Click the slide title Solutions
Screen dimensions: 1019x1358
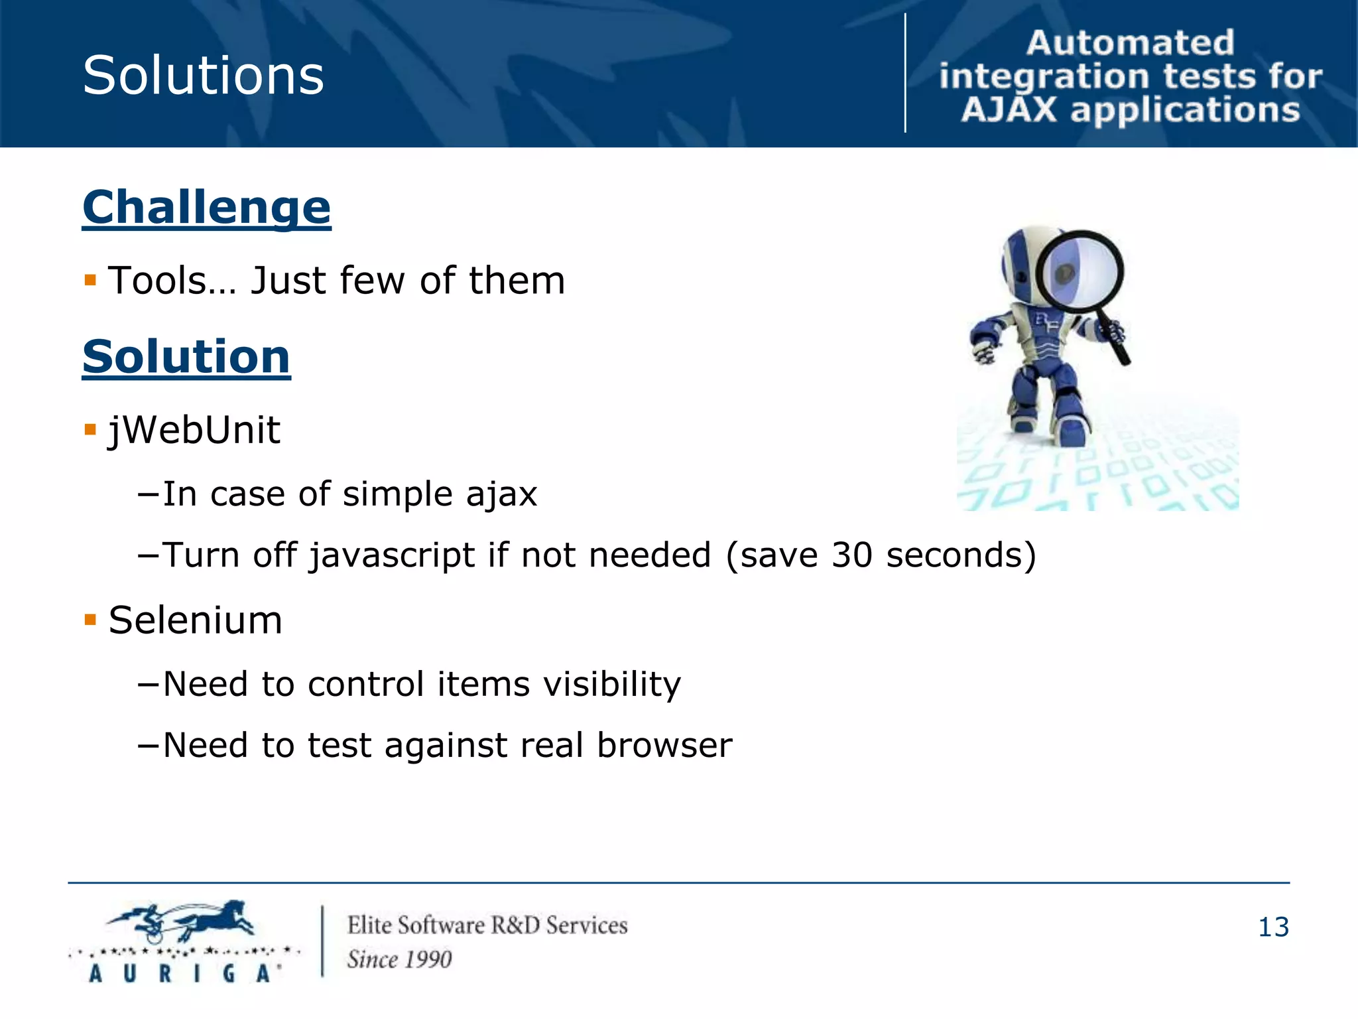click(x=203, y=76)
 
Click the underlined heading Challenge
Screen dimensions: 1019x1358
click(x=206, y=208)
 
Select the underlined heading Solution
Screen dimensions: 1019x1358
click(x=186, y=358)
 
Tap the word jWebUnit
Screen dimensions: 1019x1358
click(x=194, y=430)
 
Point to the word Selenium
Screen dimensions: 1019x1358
click(x=195, y=621)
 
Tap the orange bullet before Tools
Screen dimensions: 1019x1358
click(x=91, y=280)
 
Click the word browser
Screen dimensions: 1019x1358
click(x=664, y=745)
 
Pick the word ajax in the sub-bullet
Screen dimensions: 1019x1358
click(x=501, y=494)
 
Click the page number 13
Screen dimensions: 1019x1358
click(x=1273, y=927)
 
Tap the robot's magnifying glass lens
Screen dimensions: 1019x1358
click(x=1079, y=271)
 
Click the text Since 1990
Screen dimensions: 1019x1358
click(x=399, y=959)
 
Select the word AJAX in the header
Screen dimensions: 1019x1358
click(x=1009, y=110)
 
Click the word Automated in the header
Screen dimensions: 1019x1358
click(x=1130, y=43)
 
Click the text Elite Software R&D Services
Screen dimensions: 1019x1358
click(x=487, y=925)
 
